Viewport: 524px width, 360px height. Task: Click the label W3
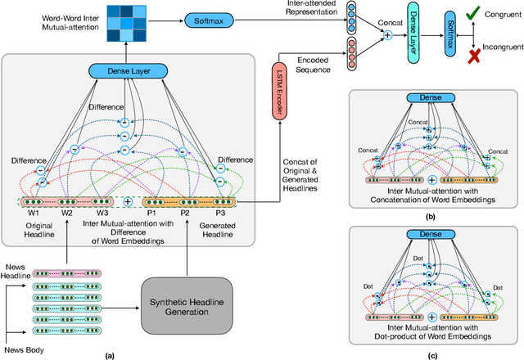pyautogui.click(x=100, y=214)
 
